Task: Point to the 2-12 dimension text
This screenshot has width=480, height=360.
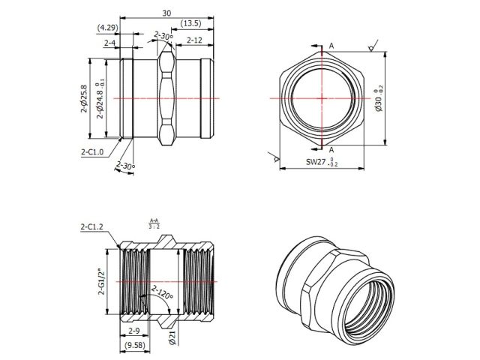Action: pyautogui.click(x=194, y=40)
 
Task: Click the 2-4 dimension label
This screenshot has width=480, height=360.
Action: pyautogui.click(x=110, y=43)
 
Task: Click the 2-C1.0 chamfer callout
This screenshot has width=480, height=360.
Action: pyautogui.click(x=93, y=151)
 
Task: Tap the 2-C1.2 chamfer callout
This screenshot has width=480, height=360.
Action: pyautogui.click(x=94, y=225)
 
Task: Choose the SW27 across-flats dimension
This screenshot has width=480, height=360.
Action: pyautogui.click(x=322, y=161)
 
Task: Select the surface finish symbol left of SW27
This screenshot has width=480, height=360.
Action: pyautogui.click(x=275, y=157)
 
